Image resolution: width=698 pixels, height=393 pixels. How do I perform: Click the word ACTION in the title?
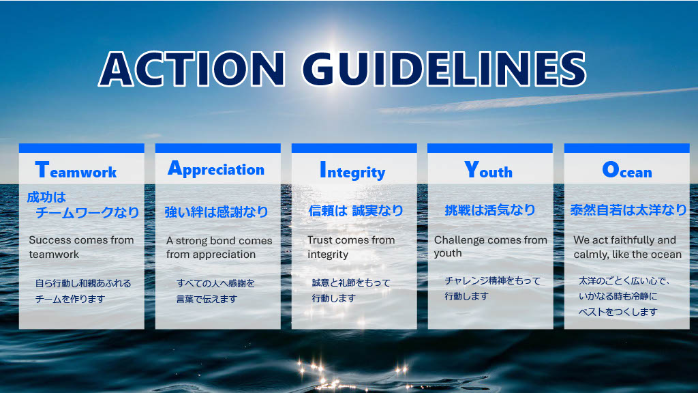[192, 69]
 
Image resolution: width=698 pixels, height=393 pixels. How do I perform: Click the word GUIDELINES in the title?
[444, 69]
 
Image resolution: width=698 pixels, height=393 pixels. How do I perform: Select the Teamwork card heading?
[76, 170]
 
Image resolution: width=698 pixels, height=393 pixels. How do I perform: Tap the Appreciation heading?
[216, 169]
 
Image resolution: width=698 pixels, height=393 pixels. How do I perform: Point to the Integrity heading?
[352, 171]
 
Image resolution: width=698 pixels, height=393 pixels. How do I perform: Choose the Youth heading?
[488, 170]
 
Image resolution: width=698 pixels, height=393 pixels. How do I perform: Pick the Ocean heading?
[627, 170]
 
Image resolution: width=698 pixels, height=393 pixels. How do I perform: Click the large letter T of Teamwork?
[42, 169]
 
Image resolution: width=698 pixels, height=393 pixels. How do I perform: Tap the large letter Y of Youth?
[472, 169]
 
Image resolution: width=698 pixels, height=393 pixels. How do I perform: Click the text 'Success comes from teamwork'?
[82, 247]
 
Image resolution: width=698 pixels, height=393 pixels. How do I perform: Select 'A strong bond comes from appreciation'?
[219, 247]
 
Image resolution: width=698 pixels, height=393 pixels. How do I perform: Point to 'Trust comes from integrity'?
[351, 247]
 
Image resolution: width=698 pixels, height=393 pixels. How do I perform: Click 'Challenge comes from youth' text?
[491, 246]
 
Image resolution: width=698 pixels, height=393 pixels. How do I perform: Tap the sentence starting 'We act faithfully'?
[627, 247]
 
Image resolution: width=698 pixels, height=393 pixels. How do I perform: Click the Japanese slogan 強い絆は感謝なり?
[216, 212]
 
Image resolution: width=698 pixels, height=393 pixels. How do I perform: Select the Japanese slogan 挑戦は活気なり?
[489, 210]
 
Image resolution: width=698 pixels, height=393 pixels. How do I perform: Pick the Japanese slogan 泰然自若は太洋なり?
[628, 210]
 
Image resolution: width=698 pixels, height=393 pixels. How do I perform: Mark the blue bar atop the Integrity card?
[354, 148]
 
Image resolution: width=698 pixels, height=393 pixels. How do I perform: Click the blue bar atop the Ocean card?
[627, 148]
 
